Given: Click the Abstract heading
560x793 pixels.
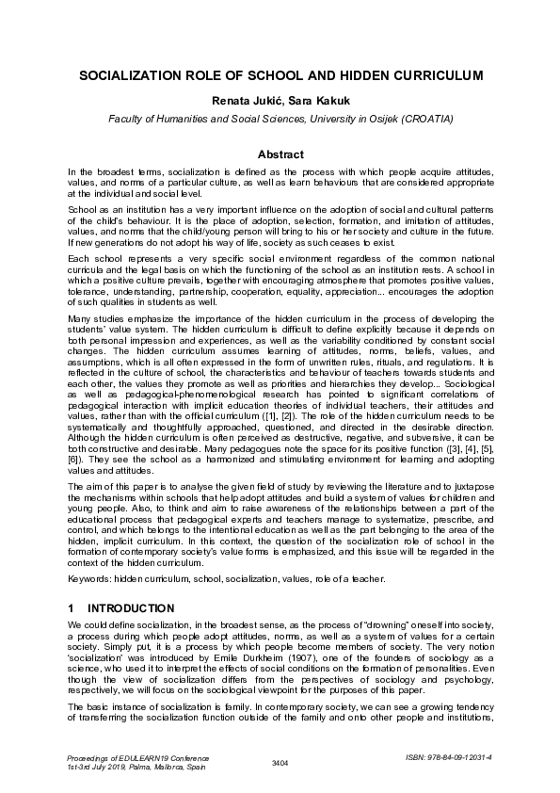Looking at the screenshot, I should [280, 154].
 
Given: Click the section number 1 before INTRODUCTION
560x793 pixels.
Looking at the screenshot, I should [72, 608].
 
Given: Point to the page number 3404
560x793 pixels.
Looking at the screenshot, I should [280, 762].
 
